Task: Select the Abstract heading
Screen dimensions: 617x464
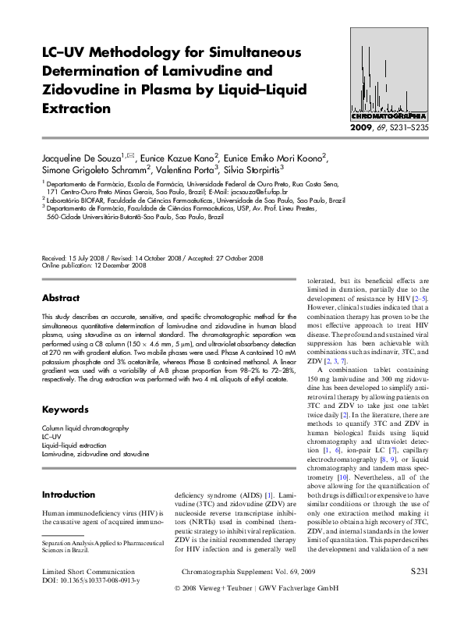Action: (60, 298)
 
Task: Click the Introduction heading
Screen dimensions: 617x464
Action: (68, 495)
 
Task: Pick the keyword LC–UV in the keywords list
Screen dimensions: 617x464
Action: (51, 437)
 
